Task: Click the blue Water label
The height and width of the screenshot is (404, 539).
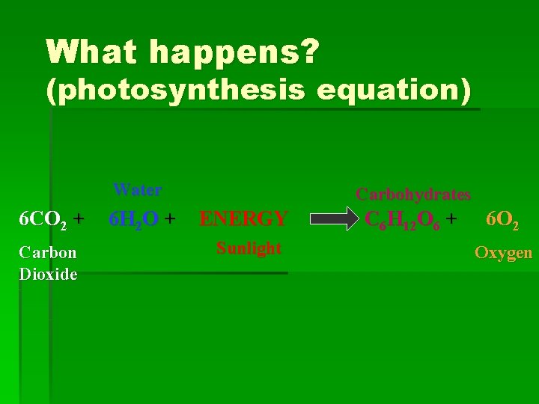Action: pos(137,190)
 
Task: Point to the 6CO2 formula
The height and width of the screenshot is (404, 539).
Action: pos(42,219)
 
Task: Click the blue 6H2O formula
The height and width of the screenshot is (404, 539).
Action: pos(133,219)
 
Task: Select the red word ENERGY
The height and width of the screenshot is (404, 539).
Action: pos(243,219)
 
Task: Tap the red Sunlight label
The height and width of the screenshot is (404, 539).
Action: pos(249,248)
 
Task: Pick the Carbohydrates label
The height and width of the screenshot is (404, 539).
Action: pos(412,195)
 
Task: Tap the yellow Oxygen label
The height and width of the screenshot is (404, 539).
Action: pos(503,253)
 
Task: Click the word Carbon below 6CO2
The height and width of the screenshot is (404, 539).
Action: pos(48,253)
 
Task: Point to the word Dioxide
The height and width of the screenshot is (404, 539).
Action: pos(48,274)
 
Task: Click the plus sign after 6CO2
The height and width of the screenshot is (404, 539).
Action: pos(79,218)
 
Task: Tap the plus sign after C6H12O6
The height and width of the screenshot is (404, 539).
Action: pos(451,218)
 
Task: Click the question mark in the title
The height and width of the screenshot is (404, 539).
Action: pos(309,52)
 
